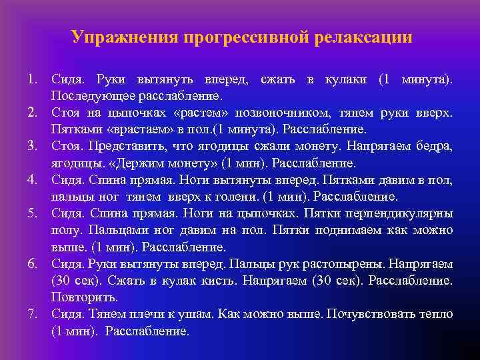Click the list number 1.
[31, 80]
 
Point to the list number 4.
[31, 180]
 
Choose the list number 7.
[31, 313]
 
